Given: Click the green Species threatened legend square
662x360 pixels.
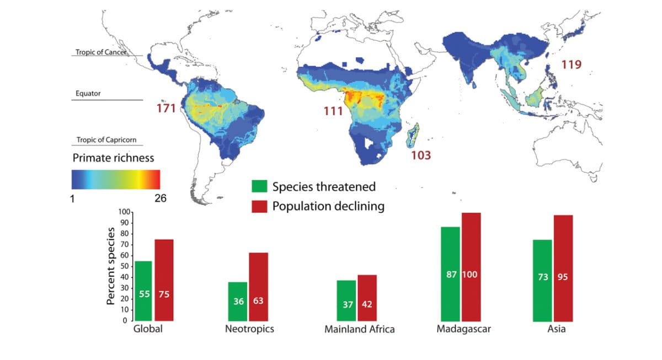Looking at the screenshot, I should click(259, 186).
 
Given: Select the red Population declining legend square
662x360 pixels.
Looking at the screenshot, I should click(259, 206).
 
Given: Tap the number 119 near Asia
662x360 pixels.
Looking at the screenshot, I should click(571, 65).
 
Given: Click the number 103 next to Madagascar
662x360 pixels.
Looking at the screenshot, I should click(421, 155).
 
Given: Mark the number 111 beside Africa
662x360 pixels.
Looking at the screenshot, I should click(333, 112).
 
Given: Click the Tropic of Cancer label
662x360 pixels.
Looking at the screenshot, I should click(102, 52).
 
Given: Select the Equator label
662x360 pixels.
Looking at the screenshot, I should click(88, 94).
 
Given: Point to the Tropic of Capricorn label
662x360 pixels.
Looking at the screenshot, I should click(106, 140).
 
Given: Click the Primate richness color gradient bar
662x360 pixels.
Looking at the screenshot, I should click(116, 180).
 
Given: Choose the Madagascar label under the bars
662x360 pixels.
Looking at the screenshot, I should click(463, 329).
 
